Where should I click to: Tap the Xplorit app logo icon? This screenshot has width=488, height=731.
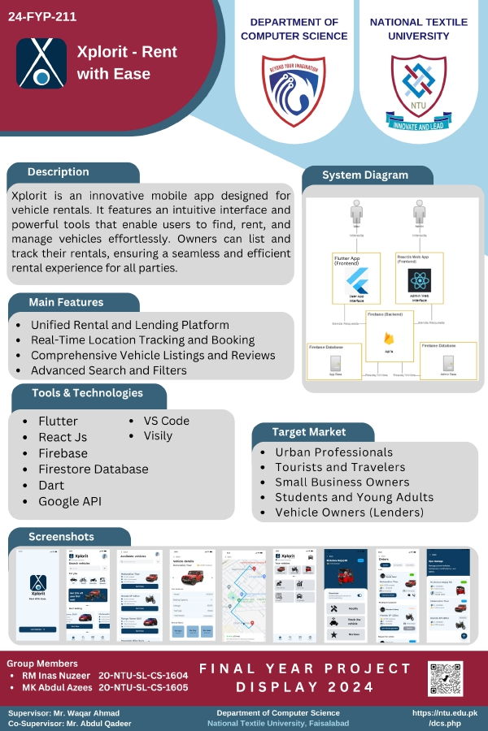(x=41, y=63)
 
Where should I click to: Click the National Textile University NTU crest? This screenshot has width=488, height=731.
(x=418, y=89)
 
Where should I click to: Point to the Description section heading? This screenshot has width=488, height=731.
(x=59, y=172)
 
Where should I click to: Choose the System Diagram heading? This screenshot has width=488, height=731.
(x=365, y=175)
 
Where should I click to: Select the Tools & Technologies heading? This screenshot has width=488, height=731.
(x=87, y=393)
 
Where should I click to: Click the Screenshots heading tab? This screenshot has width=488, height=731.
(x=61, y=537)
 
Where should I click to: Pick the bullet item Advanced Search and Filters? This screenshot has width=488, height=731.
(x=108, y=370)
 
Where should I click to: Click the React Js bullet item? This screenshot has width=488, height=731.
(x=62, y=437)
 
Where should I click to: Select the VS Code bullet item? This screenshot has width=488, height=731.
(x=166, y=421)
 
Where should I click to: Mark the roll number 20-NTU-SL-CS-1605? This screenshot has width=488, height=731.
(x=143, y=687)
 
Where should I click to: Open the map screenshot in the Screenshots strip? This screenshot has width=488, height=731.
(x=244, y=596)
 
